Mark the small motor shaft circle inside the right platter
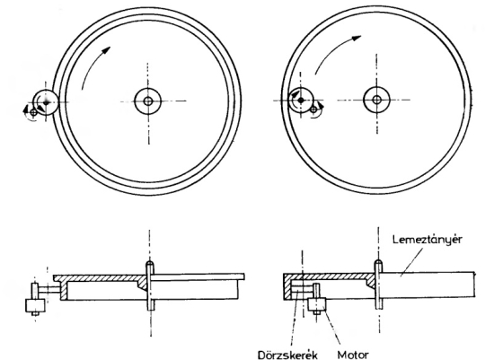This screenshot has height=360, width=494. (313, 107)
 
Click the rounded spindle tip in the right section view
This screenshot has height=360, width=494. (376, 262)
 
